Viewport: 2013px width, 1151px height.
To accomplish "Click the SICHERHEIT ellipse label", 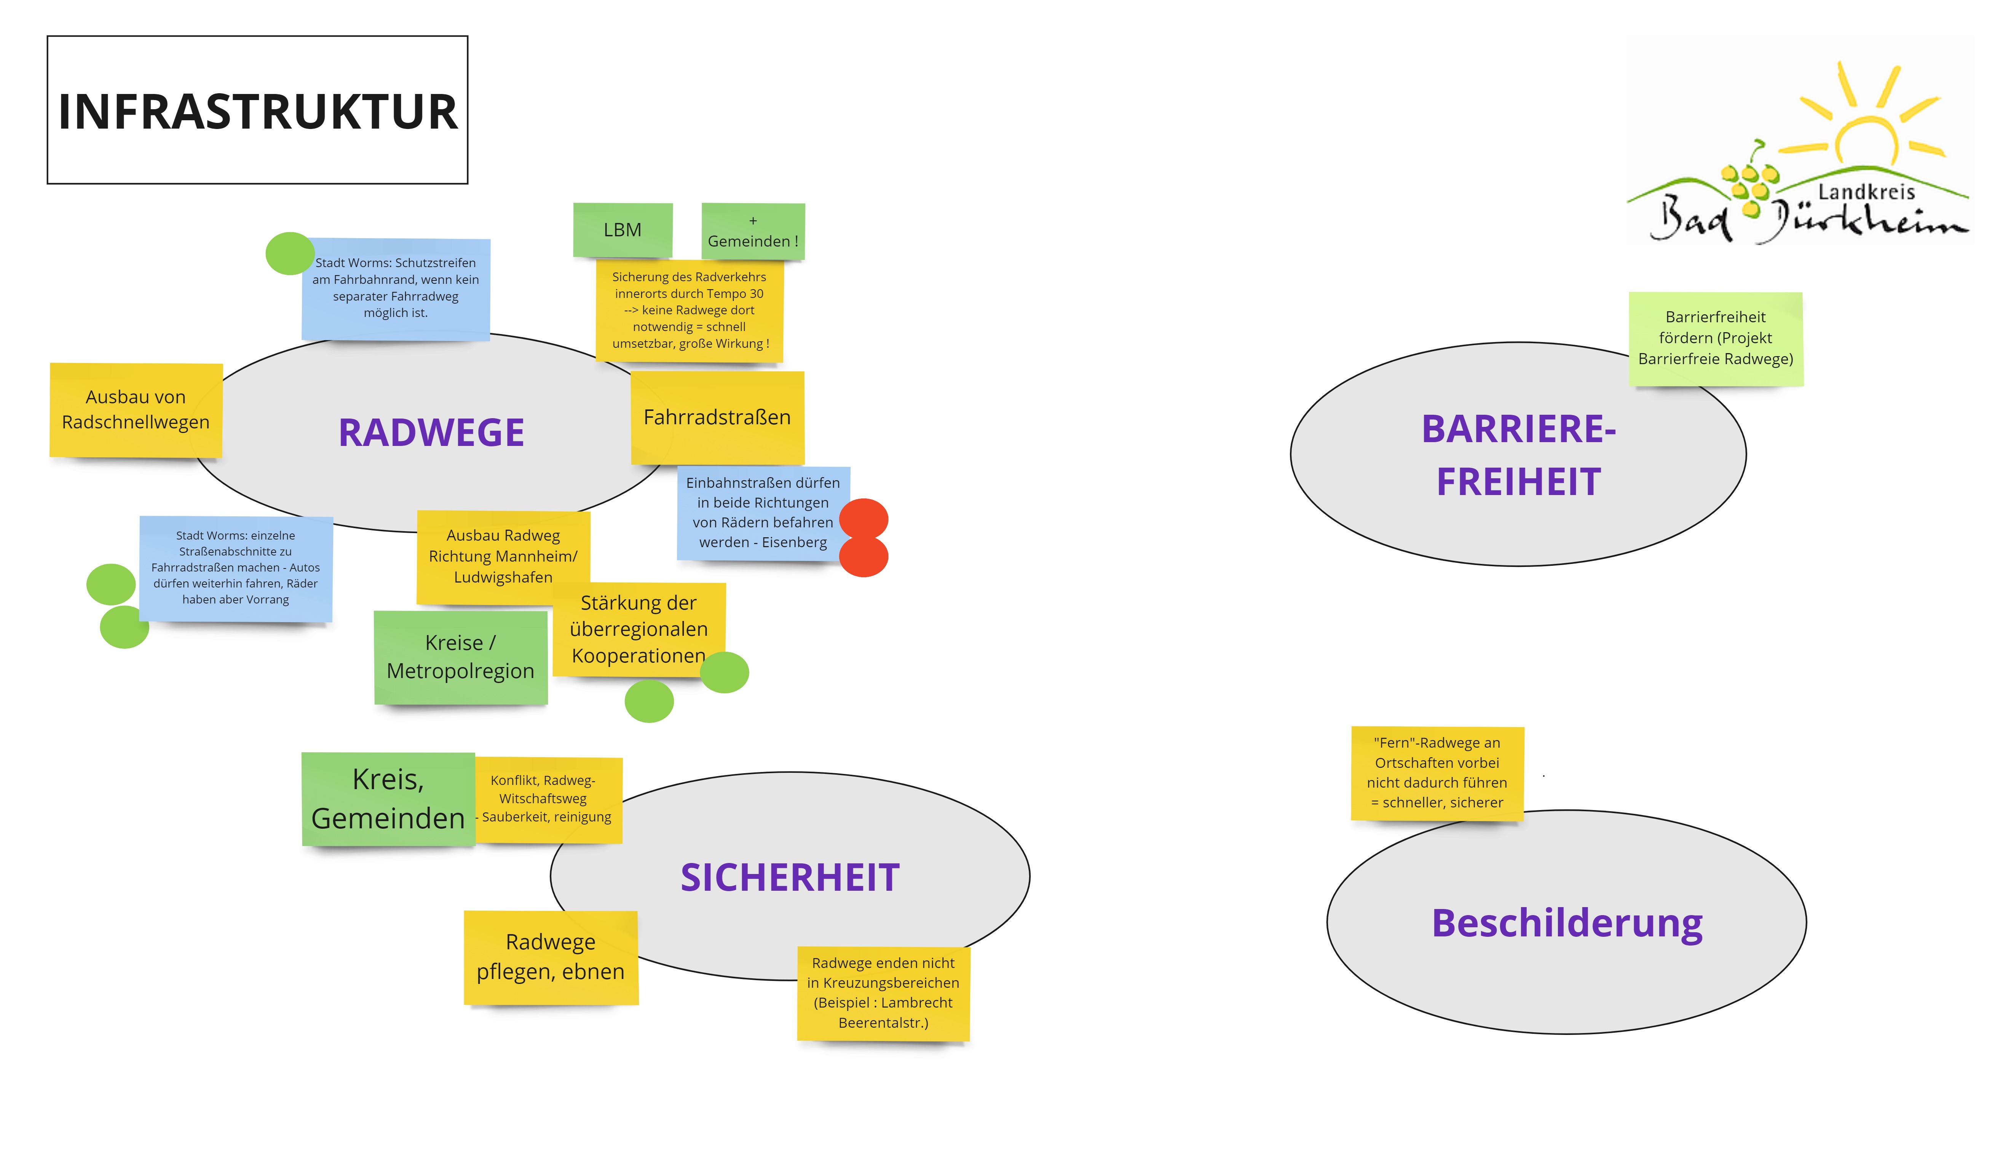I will (x=789, y=877).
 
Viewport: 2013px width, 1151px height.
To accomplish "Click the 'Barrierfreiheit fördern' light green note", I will (x=1715, y=338).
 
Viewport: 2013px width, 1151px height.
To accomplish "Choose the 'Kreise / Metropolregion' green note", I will (x=460, y=657).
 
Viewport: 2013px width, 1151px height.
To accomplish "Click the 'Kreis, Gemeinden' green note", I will (x=388, y=798).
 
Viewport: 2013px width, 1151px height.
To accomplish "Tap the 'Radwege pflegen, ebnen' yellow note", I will (x=551, y=957).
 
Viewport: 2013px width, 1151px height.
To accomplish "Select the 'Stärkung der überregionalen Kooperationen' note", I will (x=638, y=629).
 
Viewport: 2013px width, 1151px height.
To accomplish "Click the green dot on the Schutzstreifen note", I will (x=289, y=253).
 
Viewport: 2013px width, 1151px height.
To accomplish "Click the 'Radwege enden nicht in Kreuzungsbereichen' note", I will (x=883, y=993).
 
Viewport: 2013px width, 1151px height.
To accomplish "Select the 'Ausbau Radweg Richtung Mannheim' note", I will (x=503, y=557).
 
